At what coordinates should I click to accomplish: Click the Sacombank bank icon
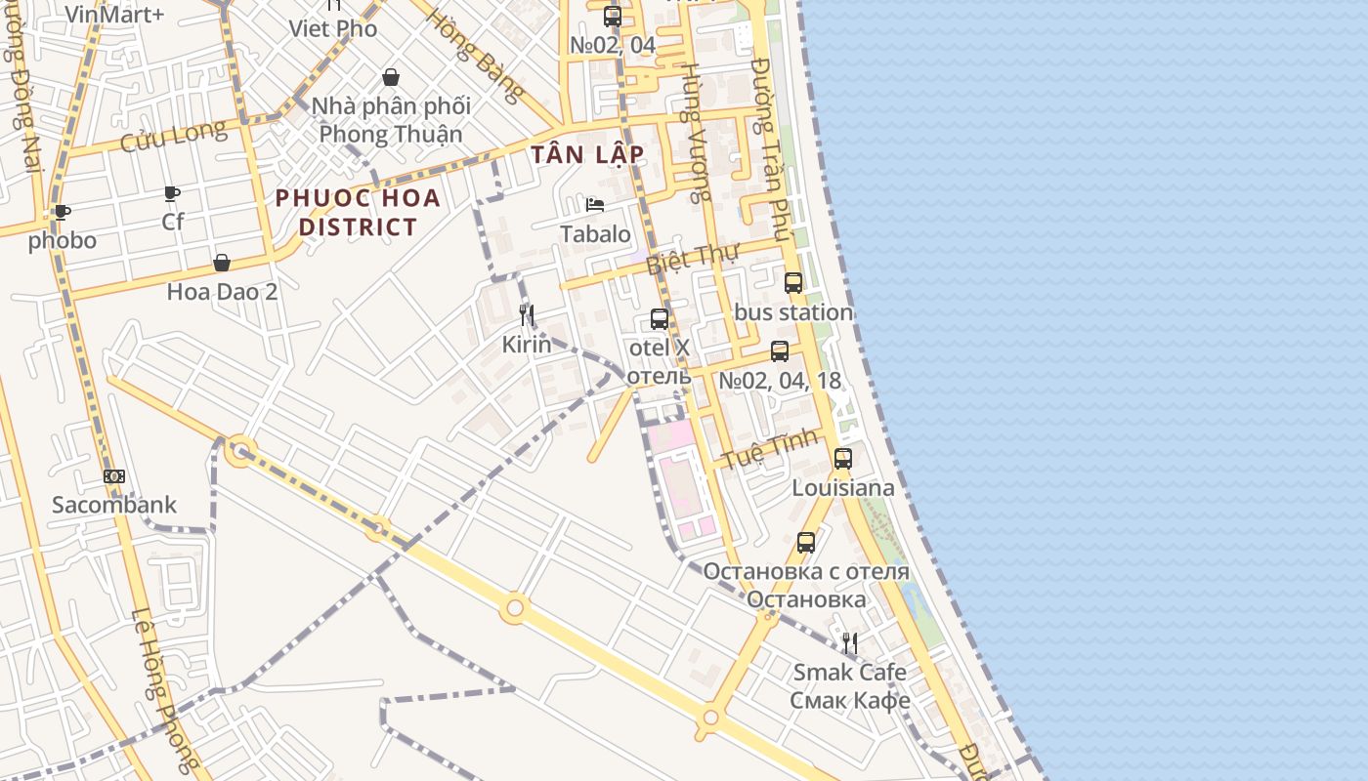114,476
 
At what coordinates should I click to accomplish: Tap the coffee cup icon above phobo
63,212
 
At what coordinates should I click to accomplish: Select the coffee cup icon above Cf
172,193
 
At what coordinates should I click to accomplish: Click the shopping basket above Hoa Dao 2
222,263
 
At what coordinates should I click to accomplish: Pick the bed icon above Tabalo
595,205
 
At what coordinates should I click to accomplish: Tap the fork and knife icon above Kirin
527,315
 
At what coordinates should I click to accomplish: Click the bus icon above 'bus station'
793,283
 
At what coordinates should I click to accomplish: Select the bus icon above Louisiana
842,458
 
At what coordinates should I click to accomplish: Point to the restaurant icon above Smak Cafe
850,642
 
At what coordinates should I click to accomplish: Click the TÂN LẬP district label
587,154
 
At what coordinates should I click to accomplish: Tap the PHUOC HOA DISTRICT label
358,213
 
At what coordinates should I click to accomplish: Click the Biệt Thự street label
693,257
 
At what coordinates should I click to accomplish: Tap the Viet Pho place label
332,29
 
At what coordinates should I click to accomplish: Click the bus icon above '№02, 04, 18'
779,351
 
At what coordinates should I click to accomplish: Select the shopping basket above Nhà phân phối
391,77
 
